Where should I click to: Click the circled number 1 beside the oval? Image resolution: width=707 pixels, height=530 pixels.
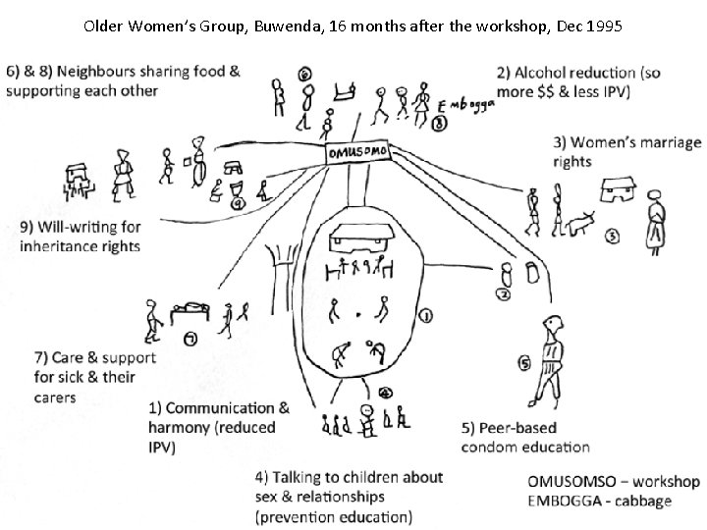[x=425, y=315]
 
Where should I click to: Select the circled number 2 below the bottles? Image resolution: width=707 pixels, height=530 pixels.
[x=502, y=293]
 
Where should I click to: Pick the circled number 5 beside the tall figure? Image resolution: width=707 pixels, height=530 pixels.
[x=524, y=364]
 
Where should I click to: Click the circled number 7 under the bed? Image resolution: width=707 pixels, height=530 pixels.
[x=190, y=338]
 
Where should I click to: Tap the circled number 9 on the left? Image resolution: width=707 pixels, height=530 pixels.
[x=239, y=204]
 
